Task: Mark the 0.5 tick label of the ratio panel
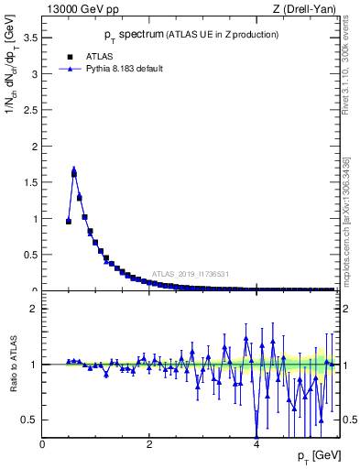click(x=28, y=420)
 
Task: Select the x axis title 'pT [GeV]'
click(x=317, y=456)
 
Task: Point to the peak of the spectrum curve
click(x=74, y=169)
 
